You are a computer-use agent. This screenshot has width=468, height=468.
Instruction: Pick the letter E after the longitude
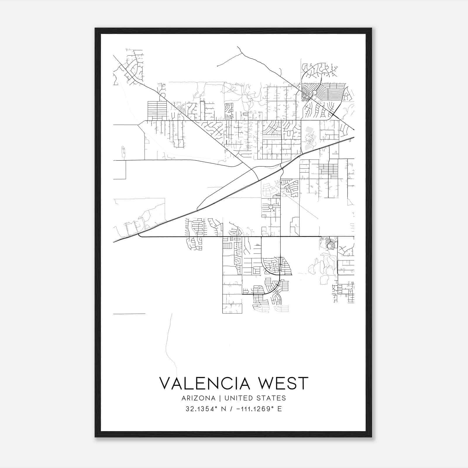[280, 409]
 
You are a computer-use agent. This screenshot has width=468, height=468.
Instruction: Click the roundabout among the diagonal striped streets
[314, 93]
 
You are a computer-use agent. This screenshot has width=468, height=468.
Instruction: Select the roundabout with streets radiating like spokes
[271, 207]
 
